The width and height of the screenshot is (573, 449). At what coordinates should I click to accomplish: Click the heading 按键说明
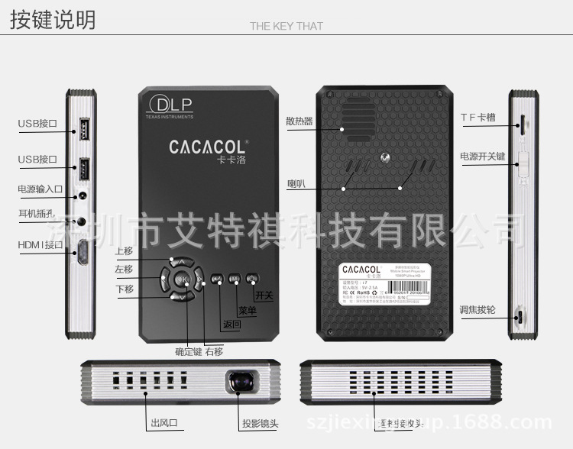pyautogui.click(x=53, y=20)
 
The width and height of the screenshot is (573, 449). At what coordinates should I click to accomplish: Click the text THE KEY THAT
pyautogui.click(x=286, y=26)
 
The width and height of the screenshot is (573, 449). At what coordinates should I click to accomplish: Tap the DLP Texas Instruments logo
pyautogui.click(x=170, y=106)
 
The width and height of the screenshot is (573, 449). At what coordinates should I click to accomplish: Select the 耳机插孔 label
pyautogui.click(x=36, y=214)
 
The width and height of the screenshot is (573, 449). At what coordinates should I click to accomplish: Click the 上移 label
pyautogui.click(x=124, y=250)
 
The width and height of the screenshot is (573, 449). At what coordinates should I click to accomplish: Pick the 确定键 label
pyautogui.click(x=188, y=351)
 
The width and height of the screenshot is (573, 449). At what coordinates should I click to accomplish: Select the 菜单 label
pyautogui.click(x=248, y=311)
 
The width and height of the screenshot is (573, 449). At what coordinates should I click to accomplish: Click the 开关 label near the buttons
pyautogui.click(x=264, y=295)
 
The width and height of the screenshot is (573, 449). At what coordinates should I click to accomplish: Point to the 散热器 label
pyautogui.click(x=299, y=121)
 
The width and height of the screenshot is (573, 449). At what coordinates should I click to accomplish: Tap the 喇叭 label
pyautogui.click(x=296, y=183)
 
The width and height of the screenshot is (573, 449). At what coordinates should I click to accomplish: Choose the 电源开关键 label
pyautogui.click(x=483, y=157)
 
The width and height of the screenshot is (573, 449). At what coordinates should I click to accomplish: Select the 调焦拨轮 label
pyautogui.click(x=477, y=310)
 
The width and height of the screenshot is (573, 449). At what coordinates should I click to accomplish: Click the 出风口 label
pyautogui.click(x=164, y=423)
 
